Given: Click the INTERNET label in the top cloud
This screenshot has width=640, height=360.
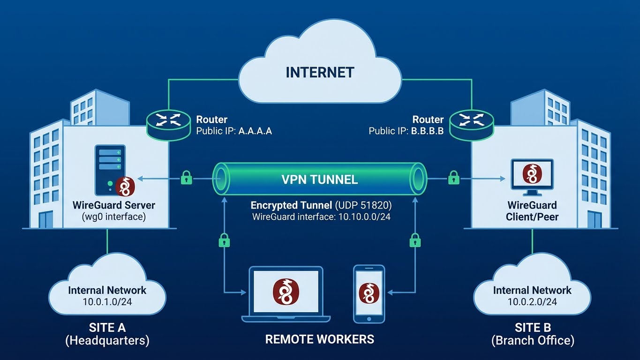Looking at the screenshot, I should click(x=320, y=73).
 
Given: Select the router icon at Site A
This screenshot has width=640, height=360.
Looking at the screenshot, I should click(x=168, y=120).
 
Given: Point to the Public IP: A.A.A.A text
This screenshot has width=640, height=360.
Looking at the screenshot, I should click(x=233, y=131).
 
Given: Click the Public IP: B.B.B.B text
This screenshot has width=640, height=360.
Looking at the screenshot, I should click(x=406, y=131).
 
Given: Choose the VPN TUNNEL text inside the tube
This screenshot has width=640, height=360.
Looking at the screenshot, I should click(x=320, y=179).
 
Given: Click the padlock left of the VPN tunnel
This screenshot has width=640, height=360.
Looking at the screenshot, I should click(x=187, y=178).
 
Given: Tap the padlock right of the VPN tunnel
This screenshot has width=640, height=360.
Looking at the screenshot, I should click(x=453, y=178).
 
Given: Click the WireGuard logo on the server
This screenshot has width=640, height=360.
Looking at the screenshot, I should click(x=125, y=186).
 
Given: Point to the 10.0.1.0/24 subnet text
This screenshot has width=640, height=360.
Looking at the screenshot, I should click(x=107, y=302).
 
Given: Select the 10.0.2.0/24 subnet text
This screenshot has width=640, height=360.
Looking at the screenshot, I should click(x=532, y=302).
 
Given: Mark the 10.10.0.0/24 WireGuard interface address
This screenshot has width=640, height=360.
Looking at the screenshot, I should click(x=361, y=217).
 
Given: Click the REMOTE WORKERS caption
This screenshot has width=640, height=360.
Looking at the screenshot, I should click(x=320, y=339).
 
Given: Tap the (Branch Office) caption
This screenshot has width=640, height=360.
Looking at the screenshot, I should click(x=533, y=340).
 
